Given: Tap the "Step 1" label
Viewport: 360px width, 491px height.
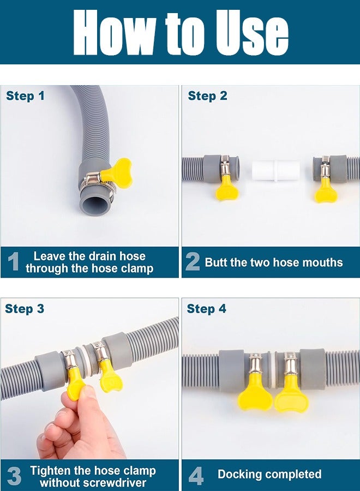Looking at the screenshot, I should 25,96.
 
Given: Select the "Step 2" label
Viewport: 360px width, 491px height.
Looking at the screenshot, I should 207,96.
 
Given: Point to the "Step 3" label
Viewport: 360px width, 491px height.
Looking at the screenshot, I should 25,309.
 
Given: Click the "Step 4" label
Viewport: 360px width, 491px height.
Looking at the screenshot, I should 206,309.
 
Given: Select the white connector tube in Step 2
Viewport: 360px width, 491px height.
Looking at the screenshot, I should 275,171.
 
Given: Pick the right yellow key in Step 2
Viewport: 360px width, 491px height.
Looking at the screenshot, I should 326,189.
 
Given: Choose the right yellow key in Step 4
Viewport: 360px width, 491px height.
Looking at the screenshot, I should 291,396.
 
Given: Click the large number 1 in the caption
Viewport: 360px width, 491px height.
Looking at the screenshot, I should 14,262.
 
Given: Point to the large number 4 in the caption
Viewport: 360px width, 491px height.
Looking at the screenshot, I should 196,475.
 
